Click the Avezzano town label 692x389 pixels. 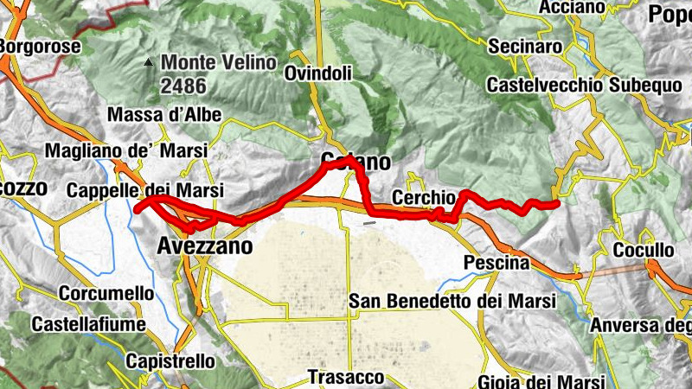click(205, 247)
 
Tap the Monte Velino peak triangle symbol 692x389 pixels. click(149, 62)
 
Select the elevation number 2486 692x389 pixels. click(183, 86)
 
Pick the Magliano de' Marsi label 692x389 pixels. click(127, 150)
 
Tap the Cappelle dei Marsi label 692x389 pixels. click(144, 190)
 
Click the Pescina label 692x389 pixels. click(496, 262)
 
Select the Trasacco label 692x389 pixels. click(345, 378)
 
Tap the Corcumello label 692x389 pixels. click(106, 293)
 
